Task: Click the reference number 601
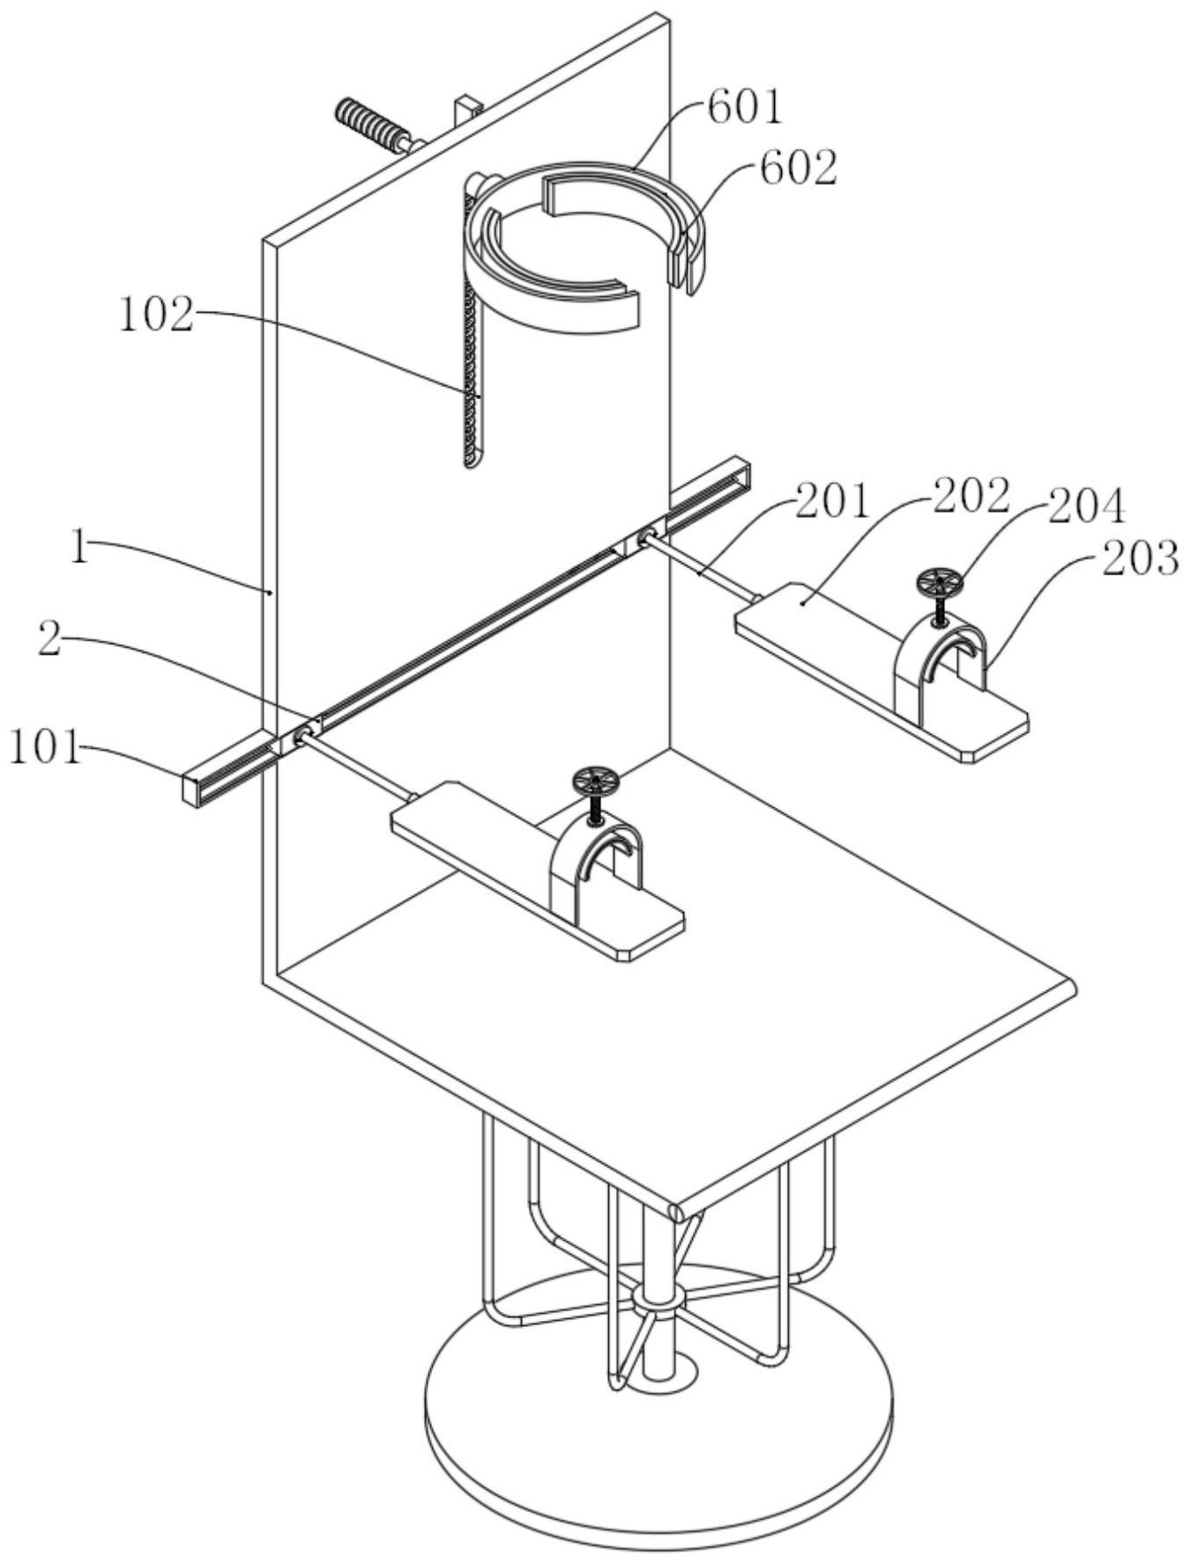[745, 107]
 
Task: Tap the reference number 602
[799, 167]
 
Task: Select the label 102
[156, 315]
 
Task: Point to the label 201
[831, 502]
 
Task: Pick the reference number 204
[1086, 508]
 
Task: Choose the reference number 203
[1140, 559]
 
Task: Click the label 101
[44, 749]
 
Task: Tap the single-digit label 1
[80, 551]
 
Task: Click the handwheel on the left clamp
[595, 782]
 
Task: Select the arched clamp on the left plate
[596, 869]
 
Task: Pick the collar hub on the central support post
[657, 1301]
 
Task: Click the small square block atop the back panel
[468, 110]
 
